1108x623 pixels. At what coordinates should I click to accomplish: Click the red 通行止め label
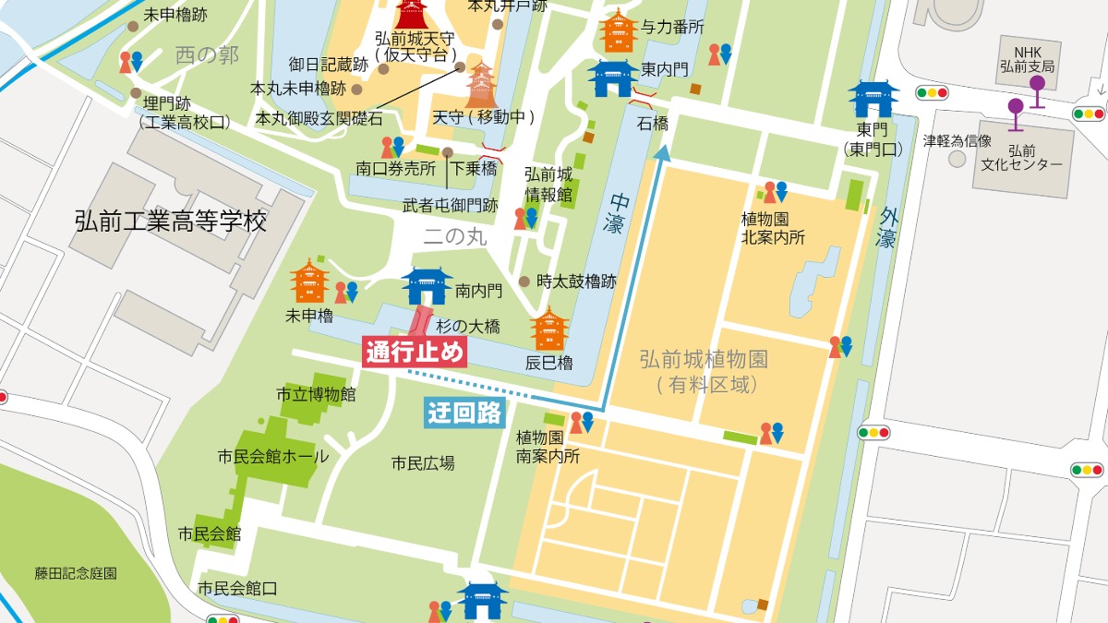coord(415,353)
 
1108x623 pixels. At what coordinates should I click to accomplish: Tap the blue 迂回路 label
coord(464,413)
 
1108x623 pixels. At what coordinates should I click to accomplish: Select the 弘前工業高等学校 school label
coord(171,222)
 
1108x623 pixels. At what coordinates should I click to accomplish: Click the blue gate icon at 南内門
coord(426,286)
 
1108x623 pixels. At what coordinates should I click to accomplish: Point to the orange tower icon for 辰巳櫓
coord(549,330)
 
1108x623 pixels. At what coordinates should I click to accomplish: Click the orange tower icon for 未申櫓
coord(309,281)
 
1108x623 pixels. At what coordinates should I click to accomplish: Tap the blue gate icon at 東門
coord(873,100)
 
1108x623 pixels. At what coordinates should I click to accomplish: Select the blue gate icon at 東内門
coord(613,77)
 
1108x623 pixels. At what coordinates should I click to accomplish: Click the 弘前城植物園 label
coord(704,360)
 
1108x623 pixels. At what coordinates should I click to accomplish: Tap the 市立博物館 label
coord(316,395)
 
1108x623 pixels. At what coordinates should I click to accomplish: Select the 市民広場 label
coord(423,463)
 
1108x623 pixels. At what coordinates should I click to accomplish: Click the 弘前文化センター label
coord(1035,157)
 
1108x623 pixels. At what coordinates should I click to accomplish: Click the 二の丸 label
coord(454,236)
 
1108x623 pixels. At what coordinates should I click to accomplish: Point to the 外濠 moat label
coord(887,226)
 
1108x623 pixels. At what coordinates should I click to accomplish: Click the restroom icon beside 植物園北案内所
coord(775,192)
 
